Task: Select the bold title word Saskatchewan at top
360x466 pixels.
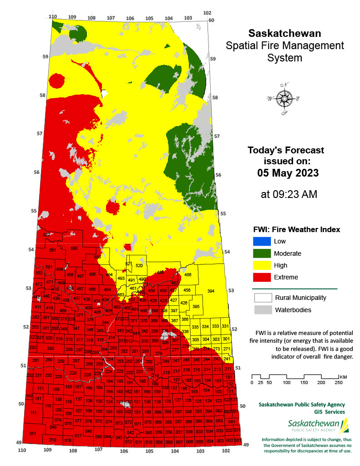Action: (x=284, y=34)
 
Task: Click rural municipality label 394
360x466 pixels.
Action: (x=211, y=291)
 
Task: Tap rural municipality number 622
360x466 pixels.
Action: (x=46, y=234)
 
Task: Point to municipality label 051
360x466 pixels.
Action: (x=32, y=433)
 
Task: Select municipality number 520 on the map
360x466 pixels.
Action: (x=139, y=265)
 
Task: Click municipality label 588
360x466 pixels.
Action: (x=74, y=248)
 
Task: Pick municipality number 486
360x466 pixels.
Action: (x=188, y=275)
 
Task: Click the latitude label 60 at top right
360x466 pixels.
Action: (x=211, y=20)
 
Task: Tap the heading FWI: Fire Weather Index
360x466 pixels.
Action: (x=296, y=229)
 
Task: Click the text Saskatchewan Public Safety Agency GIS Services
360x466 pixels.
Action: (x=301, y=408)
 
